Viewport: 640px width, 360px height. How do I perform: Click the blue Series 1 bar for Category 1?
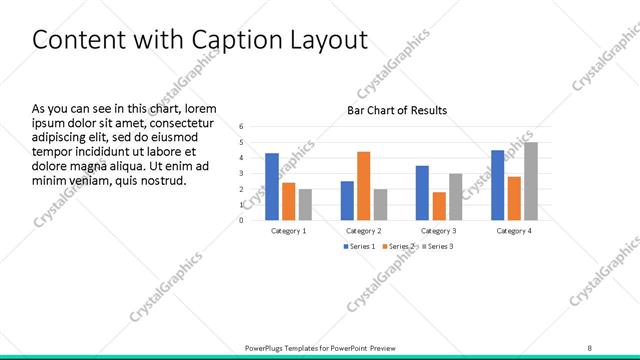[272, 186]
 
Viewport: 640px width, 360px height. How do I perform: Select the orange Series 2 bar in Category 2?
[363, 185]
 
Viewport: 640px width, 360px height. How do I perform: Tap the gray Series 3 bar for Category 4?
[531, 181]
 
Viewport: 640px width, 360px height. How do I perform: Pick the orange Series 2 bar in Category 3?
[438, 205]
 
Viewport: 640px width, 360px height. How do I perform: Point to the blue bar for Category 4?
[497, 185]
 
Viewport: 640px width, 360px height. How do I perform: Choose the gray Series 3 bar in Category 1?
[305, 204]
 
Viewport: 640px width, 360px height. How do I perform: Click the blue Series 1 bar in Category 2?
[347, 200]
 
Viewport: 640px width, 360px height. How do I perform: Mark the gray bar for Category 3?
[455, 196]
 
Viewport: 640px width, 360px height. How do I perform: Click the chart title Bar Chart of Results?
[397, 110]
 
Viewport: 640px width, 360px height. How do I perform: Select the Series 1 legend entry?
[361, 246]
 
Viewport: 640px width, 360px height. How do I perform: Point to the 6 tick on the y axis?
[242, 127]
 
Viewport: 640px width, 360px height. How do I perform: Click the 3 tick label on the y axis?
[242, 173]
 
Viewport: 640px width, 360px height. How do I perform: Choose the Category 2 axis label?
[364, 231]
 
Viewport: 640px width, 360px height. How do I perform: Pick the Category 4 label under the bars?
[514, 231]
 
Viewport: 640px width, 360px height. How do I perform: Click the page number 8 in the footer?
[589, 347]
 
